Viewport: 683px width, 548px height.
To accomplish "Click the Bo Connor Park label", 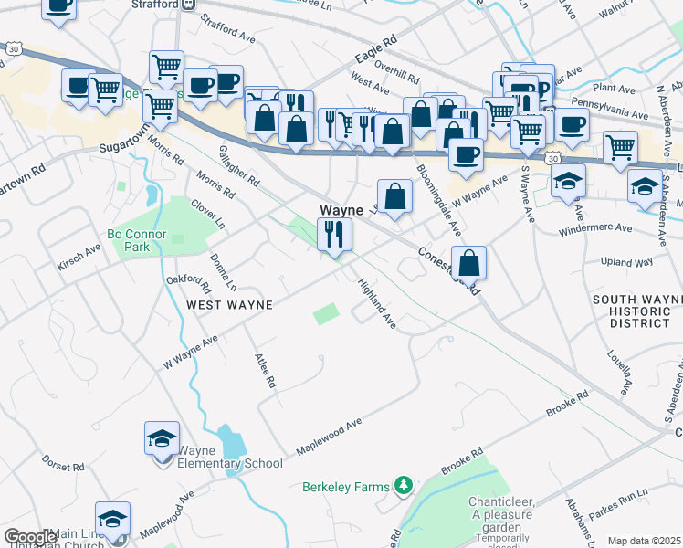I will point(136,240).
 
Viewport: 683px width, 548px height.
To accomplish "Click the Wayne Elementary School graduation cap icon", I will point(162,439).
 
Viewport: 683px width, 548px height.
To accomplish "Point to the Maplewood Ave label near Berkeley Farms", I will point(329,438).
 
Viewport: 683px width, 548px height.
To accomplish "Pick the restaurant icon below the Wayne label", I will point(334,235).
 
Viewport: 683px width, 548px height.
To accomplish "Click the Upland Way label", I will point(627,262).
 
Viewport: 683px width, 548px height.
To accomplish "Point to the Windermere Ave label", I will point(598,227).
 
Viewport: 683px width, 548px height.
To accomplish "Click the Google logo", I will point(30,537).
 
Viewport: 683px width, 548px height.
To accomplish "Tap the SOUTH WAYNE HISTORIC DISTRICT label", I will point(632,311).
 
